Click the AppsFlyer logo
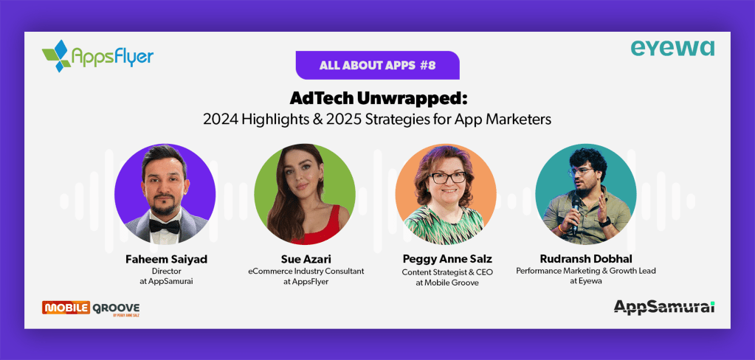pyautogui.click(x=97, y=56)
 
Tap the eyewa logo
pyautogui.click(x=672, y=48)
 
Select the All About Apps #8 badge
pyautogui.click(x=378, y=65)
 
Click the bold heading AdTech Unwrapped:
pyautogui.click(x=379, y=99)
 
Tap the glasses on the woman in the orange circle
pyautogui.click(x=447, y=177)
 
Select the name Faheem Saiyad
pyautogui.click(x=166, y=260)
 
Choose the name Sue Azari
pyautogui.click(x=306, y=260)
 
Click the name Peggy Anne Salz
pyautogui.click(x=447, y=260)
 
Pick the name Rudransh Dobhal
pyautogui.click(x=586, y=260)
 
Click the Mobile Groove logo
pyautogui.click(x=91, y=308)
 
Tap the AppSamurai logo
pyautogui.click(x=664, y=307)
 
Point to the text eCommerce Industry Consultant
pyautogui.click(x=306, y=271)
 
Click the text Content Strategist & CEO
pyautogui.click(x=447, y=272)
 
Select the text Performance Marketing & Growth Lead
pyautogui.click(x=586, y=271)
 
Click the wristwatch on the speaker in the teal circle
pyautogui.click(x=604, y=222)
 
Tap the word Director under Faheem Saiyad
pyautogui.click(x=166, y=271)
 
